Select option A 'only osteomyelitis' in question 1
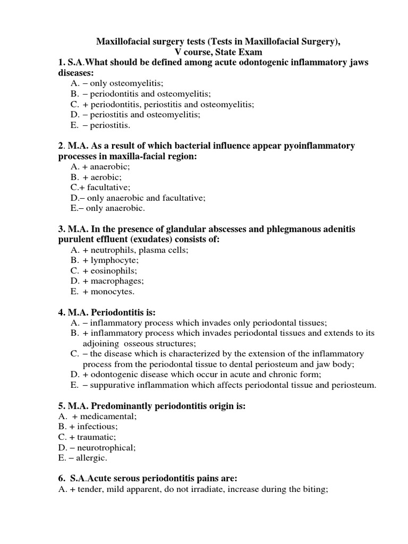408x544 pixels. [x=117, y=83]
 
